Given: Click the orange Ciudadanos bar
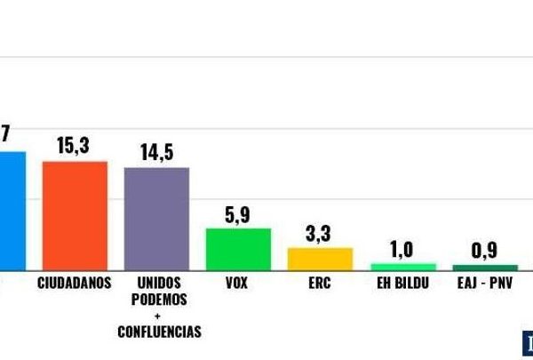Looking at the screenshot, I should pyautogui.click(x=75, y=215).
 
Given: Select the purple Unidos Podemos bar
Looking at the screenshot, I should pyautogui.click(x=156, y=218).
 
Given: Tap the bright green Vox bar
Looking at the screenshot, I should pyautogui.click(x=238, y=249).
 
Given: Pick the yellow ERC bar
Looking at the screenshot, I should pyautogui.click(x=320, y=259).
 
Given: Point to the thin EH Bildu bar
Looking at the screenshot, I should pyautogui.click(x=402, y=266).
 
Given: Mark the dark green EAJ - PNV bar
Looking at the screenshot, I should pyautogui.click(x=485, y=267).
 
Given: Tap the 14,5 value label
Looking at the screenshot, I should pyautogui.click(x=156, y=152).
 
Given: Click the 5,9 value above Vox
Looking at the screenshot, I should pyautogui.click(x=237, y=213).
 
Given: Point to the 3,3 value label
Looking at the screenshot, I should pyautogui.click(x=320, y=234).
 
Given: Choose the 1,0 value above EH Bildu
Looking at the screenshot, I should pyautogui.click(x=402, y=250).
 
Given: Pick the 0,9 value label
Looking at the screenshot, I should pyautogui.click(x=484, y=251).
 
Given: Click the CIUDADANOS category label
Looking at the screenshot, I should pyautogui.click(x=75, y=283).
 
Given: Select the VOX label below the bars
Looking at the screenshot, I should pyautogui.click(x=237, y=283).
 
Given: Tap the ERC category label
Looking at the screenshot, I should pyautogui.click(x=320, y=283).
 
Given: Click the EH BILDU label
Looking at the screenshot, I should pyautogui.click(x=402, y=283).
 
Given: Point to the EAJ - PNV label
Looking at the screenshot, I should pyautogui.click(x=485, y=283).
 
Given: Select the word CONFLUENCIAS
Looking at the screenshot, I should pyautogui.click(x=159, y=332).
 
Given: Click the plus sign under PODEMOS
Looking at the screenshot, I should pyautogui.click(x=158, y=316).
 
